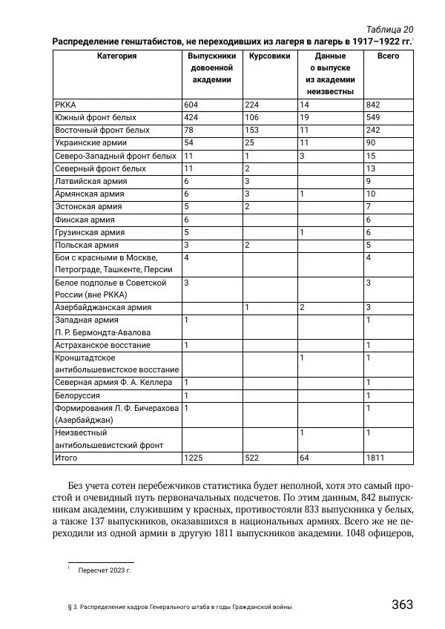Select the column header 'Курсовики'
269,56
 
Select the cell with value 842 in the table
373,105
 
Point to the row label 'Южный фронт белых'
96,117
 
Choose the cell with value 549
373,117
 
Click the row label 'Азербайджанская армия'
103,306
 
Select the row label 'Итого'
66,458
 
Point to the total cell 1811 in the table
375,458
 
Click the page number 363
402,604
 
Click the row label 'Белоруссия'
79,395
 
